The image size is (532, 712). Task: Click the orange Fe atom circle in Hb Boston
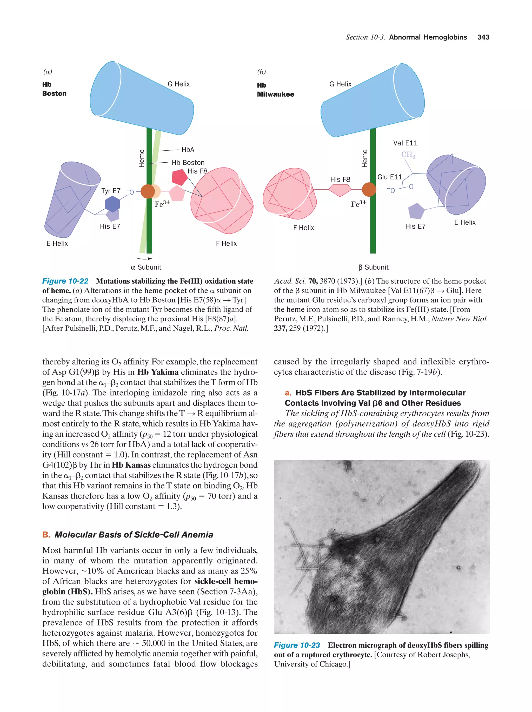click(x=148, y=191)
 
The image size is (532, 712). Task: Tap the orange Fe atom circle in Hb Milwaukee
click(x=369, y=189)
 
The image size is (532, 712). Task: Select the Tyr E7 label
click(x=111, y=191)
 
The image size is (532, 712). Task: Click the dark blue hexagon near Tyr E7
click(x=112, y=204)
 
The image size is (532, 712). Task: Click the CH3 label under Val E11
click(x=408, y=155)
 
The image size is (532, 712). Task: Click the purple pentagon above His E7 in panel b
click(x=416, y=211)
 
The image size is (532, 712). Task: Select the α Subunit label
click(x=146, y=267)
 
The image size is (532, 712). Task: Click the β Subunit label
click(x=373, y=267)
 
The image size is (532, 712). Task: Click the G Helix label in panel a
click(x=179, y=84)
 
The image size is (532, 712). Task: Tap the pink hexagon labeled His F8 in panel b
click(x=340, y=190)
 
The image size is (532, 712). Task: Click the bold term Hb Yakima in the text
click(x=158, y=372)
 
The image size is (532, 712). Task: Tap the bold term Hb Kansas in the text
click(x=131, y=465)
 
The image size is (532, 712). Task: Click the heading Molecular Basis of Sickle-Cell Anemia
click(x=134, y=535)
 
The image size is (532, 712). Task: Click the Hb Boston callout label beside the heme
click(x=188, y=163)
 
